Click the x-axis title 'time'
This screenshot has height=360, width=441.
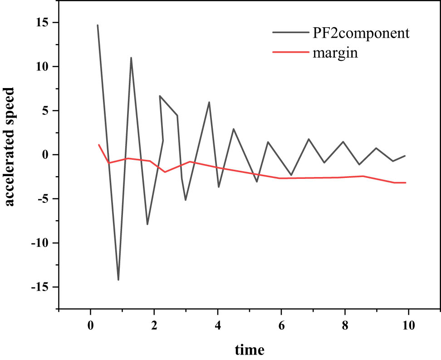pos(250,350)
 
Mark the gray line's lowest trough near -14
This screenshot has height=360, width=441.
pos(118,280)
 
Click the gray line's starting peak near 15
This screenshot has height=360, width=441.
pos(98,25)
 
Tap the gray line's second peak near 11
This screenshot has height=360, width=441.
pos(131,58)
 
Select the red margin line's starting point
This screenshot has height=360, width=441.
pos(99,145)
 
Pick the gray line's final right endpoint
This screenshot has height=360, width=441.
pos(405,156)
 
